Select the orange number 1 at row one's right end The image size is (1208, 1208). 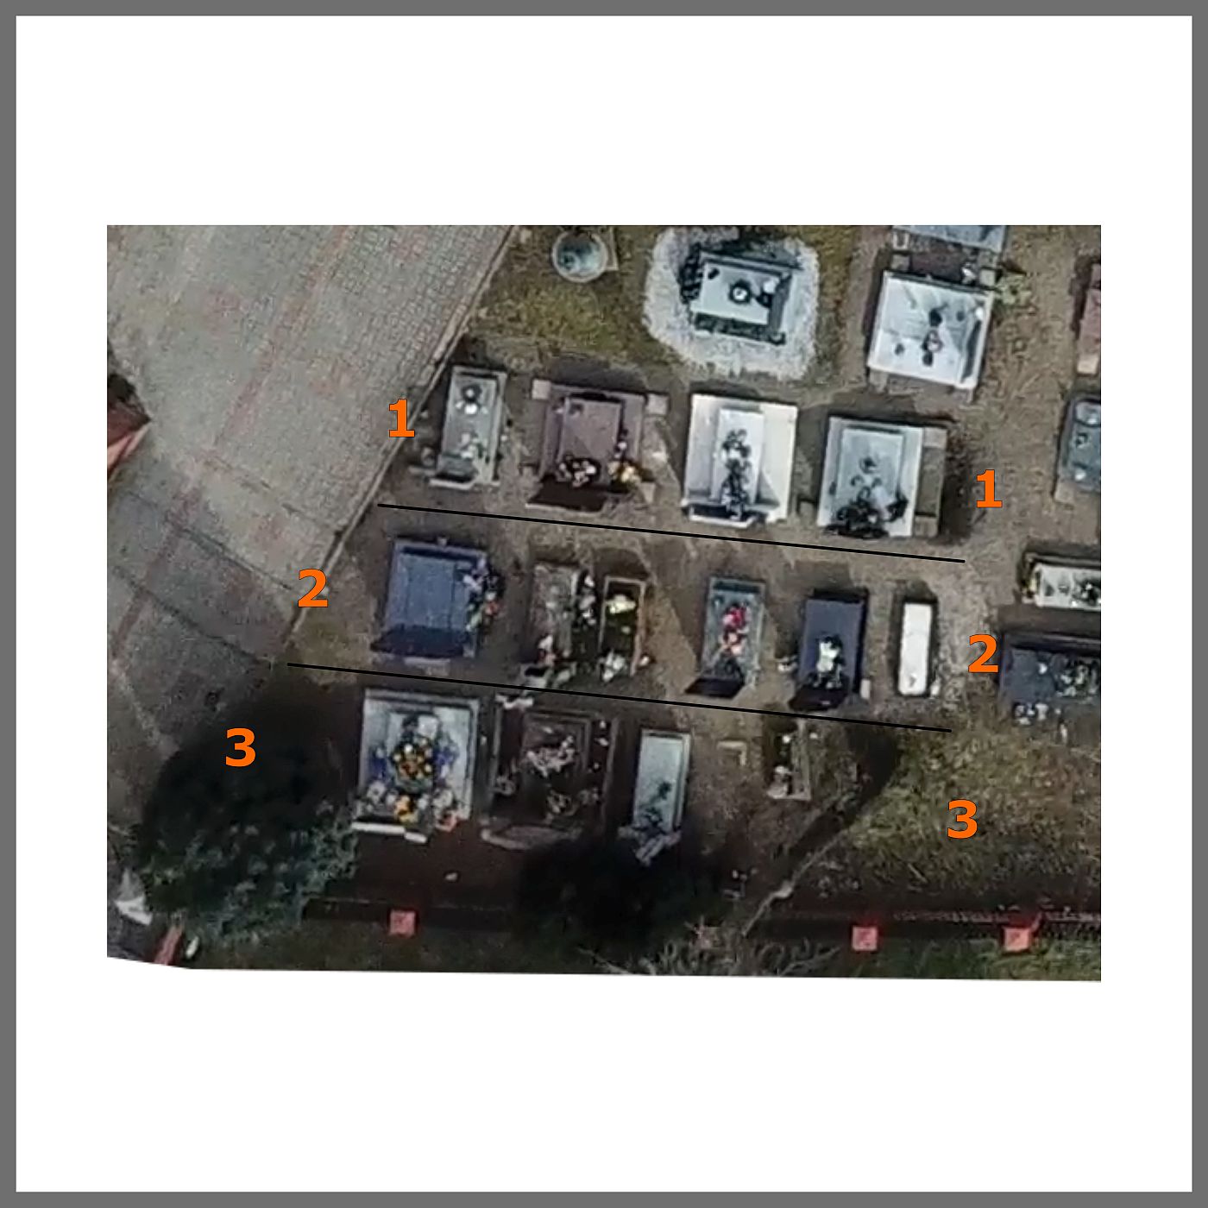tap(989, 489)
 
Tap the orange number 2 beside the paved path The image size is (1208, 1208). tap(312, 588)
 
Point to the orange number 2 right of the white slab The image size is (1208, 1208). tap(983, 653)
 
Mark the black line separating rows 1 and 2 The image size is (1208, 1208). tap(670, 533)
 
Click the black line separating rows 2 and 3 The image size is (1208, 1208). tap(619, 697)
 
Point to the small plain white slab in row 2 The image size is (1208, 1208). tap(915, 648)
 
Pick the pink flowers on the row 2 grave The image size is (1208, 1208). tap(733, 620)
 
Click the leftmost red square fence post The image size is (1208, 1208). tap(401, 922)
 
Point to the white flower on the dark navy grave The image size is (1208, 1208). tap(831, 650)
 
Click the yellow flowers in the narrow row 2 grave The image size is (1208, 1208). tap(620, 604)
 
